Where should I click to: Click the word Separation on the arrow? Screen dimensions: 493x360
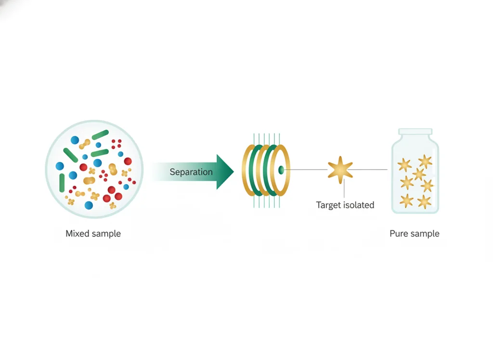point(191,172)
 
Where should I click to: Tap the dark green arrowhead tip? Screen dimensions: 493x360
point(234,172)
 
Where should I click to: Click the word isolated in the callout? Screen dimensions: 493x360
point(359,205)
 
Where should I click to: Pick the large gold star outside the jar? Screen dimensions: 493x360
point(340,170)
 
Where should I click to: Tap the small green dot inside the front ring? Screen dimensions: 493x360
point(281,170)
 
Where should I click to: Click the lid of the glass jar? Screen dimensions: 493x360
point(415,132)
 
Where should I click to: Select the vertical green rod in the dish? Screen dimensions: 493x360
point(62,183)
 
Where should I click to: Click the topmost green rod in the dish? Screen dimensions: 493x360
point(100,134)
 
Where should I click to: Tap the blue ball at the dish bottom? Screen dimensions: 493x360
point(89,205)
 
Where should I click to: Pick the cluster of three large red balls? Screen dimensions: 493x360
point(112,195)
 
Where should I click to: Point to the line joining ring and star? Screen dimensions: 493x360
point(306,170)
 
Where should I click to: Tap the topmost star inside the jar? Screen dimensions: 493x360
point(425,161)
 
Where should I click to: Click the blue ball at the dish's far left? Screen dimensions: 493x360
point(60,166)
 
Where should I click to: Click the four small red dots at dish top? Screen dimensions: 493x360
point(117,144)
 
